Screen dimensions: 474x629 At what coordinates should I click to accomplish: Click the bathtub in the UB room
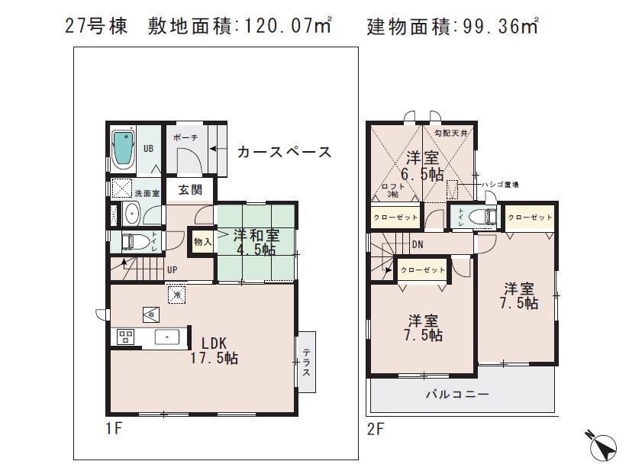point(122,149)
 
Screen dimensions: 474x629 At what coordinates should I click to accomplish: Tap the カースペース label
point(284,152)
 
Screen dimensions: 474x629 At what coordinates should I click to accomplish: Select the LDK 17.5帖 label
point(214,350)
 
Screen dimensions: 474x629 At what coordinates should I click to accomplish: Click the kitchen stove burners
point(125,337)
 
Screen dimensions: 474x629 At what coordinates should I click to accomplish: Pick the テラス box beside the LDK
point(306,362)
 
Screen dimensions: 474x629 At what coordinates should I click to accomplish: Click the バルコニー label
point(457,395)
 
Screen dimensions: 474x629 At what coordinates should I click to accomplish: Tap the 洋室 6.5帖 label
point(424,166)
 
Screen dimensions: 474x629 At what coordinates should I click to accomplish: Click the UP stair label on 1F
point(173,269)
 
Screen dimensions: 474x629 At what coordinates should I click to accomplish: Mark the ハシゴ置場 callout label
point(501,185)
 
